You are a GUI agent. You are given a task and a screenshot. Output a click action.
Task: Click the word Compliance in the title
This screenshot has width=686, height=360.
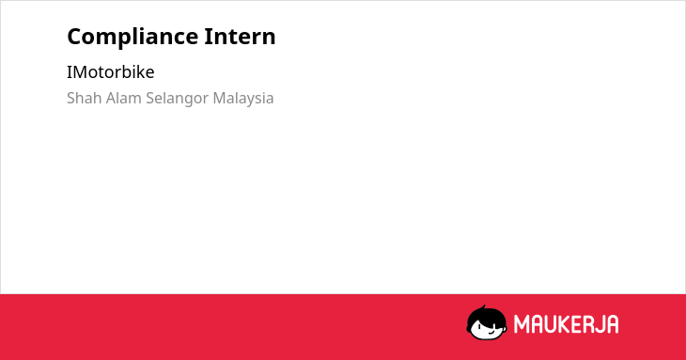133,38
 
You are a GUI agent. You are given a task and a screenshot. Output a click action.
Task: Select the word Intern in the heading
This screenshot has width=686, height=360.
241,37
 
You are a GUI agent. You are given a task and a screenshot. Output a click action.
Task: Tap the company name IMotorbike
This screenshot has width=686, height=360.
111,72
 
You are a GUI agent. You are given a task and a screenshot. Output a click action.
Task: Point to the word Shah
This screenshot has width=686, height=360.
85,98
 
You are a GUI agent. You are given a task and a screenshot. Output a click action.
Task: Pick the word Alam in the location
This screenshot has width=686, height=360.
124,98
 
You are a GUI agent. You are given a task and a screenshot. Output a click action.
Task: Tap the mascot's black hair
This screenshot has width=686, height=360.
486,315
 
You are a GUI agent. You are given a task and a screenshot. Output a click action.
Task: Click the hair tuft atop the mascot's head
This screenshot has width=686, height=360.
483,307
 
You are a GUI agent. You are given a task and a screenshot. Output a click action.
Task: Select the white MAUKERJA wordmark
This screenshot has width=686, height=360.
566,324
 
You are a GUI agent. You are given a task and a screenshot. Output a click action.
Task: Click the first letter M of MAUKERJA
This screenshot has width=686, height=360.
521,324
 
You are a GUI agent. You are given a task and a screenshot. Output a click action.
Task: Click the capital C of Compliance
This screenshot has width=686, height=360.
75,37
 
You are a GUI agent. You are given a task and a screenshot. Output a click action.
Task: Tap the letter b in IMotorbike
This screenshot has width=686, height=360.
126,71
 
